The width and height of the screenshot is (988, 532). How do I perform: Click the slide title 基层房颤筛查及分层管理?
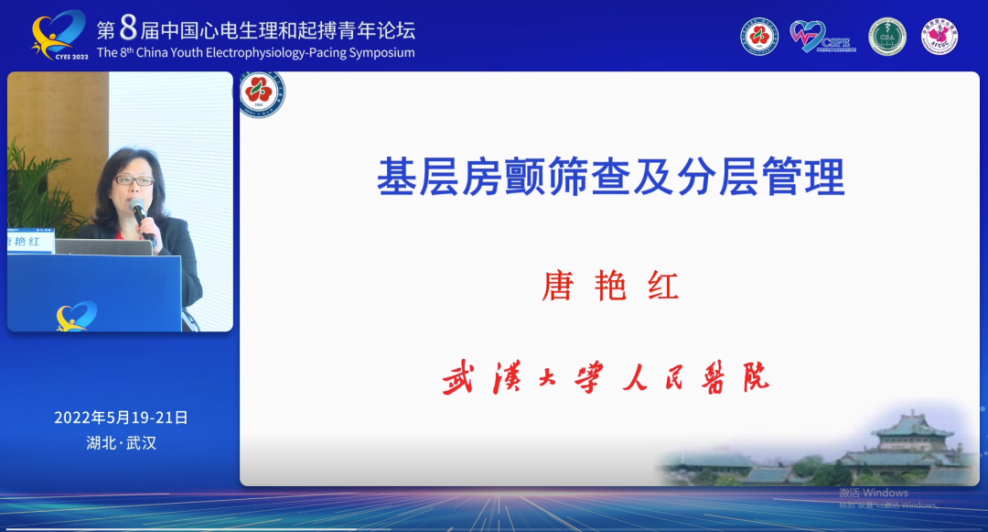tap(610, 177)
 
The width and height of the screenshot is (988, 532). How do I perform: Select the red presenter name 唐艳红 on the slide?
tap(610, 287)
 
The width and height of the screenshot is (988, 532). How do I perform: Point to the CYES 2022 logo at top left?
tap(59, 36)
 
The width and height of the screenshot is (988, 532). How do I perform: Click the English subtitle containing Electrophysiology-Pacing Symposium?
tap(256, 53)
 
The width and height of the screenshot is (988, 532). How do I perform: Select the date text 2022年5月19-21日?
tap(121, 418)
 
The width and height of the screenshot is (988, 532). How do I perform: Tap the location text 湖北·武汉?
tap(121, 443)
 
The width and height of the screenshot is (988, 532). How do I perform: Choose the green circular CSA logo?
tap(886, 37)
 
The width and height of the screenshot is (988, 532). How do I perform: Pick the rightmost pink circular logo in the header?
tap(940, 37)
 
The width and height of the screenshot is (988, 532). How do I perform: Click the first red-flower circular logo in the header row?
tap(759, 37)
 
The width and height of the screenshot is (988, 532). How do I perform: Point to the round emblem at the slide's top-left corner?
tap(263, 94)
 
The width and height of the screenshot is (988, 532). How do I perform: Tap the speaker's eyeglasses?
tap(134, 180)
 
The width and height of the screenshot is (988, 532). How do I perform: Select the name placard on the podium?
tap(31, 242)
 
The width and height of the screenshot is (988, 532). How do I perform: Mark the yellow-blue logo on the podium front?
tap(76, 316)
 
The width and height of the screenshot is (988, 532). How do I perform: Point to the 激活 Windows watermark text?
tap(873, 493)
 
